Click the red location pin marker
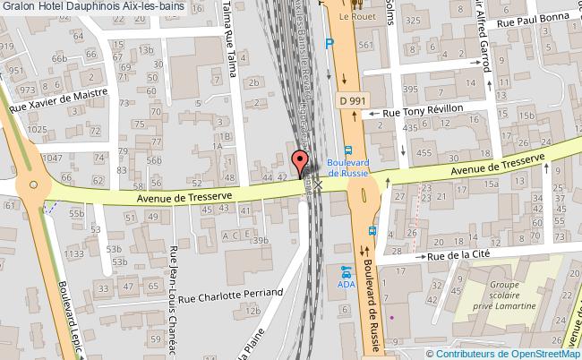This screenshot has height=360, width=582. tap(299, 162)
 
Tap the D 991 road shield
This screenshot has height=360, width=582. tap(351, 102)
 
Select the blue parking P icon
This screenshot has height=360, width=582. tap(330, 41)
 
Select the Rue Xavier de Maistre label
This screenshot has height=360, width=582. tap(58, 99)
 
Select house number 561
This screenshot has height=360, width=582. tap(363, 44)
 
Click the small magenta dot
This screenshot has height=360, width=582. tap(391, 317)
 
